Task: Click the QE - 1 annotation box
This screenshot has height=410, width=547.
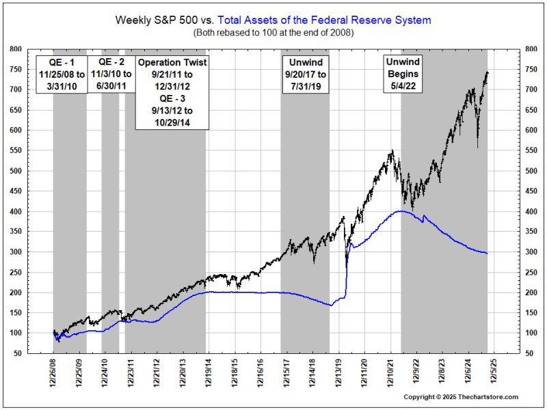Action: click(x=61, y=74)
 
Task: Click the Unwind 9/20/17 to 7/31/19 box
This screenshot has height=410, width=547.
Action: click(x=305, y=74)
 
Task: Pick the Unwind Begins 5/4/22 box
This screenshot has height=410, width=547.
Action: click(x=403, y=74)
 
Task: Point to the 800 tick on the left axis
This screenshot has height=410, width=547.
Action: click(x=14, y=49)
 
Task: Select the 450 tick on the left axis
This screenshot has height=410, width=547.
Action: click(x=14, y=191)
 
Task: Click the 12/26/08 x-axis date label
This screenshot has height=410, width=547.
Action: click(x=53, y=375)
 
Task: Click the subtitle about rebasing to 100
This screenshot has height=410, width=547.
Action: click(x=273, y=33)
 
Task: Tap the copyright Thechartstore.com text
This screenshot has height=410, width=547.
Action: click(x=461, y=397)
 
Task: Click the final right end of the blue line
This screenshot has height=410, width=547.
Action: click(x=487, y=254)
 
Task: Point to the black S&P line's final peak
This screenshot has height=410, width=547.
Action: click(x=486, y=72)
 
